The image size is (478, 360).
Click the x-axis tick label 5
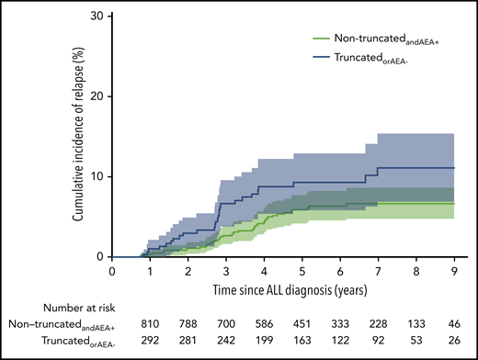(302, 272)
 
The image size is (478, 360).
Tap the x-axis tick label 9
(453, 272)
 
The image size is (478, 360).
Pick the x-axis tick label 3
(226, 272)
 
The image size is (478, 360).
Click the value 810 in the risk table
(150, 324)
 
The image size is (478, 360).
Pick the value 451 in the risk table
(302, 324)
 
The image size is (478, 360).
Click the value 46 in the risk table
(453, 324)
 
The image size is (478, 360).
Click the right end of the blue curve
(453, 168)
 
